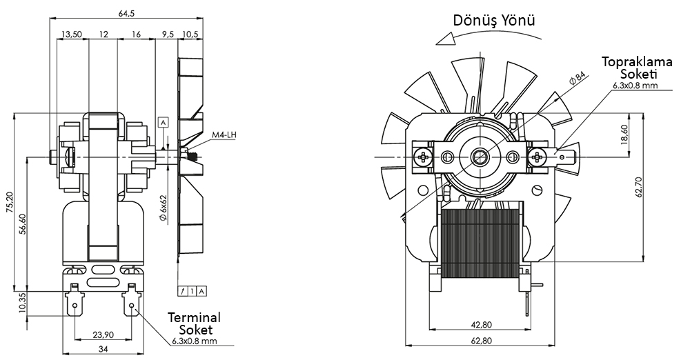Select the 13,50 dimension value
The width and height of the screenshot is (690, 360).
coord(72,34)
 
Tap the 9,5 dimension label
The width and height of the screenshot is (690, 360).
coord(168,34)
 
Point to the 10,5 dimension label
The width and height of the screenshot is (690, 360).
coord(190,34)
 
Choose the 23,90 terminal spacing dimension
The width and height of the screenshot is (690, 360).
coord(103,335)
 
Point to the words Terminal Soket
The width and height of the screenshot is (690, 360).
coord(195,323)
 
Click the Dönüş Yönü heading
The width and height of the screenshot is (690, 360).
coord(493,20)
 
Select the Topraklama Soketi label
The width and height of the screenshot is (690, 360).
coord(628,68)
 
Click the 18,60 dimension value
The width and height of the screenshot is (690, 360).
coord(624,135)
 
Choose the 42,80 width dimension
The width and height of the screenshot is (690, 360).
coord(481,325)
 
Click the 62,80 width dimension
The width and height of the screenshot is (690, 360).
coord(481,340)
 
